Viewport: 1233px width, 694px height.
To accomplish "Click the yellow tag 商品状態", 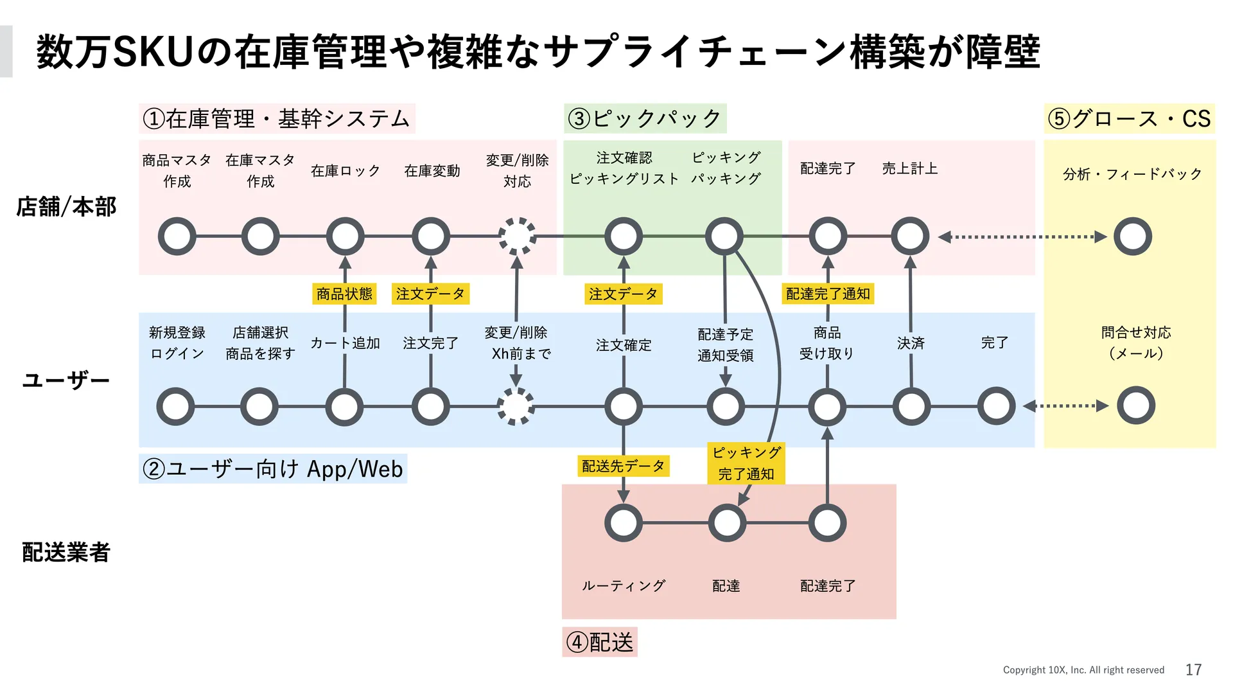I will [344, 294].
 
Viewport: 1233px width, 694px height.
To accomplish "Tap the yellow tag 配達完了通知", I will [828, 294].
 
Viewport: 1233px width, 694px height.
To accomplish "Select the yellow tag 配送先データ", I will [623, 466].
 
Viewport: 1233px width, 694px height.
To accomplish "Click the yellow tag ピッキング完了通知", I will [746, 463].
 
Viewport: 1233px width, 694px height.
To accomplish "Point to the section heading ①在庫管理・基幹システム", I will [277, 119].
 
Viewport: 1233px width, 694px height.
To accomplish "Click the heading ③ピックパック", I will [645, 119].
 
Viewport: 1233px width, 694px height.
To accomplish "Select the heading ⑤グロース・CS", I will [1129, 119].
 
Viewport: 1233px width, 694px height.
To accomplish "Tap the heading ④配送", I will [600, 642].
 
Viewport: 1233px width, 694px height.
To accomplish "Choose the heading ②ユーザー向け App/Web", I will [273, 468].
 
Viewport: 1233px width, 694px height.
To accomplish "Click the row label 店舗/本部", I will [67, 207].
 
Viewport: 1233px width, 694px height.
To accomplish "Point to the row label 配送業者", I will [66, 552].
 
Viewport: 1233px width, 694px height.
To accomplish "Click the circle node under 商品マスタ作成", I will [177, 236].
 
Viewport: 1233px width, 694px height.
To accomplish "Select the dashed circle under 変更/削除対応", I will [518, 236].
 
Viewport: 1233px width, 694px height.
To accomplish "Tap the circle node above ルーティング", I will [623, 523].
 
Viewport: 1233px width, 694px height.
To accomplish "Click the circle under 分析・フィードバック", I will [1133, 236].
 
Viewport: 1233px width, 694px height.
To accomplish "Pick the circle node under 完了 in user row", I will [996, 406].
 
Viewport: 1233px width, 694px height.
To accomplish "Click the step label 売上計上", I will [910, 168].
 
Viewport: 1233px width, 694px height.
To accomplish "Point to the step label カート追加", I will [345, 343].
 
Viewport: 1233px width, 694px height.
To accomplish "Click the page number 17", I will [1193, 670].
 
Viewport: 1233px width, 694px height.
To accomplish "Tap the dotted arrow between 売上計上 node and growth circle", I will [1022, 237].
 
